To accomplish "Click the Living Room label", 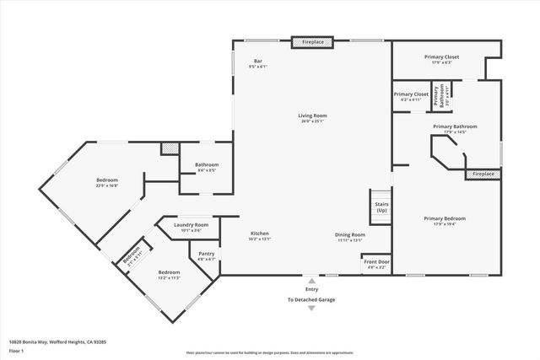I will [x=312, y=116].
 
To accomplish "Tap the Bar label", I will [x=257, y=61].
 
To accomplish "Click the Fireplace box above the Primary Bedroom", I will [x=483, y=174].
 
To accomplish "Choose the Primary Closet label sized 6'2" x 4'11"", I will [x=411, y=94].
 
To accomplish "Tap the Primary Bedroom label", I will [x=445, y=218].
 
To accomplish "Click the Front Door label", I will [x=376, y=262].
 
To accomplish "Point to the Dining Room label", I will [x=348, y=235].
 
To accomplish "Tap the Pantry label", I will [x=206, y=255].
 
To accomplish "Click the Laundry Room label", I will [x=191, y=225].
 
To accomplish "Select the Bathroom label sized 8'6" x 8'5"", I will [x=207, y=165].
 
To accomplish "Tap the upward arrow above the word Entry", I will [x=311, y=279].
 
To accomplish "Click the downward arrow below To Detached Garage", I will [x=311, y=308].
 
